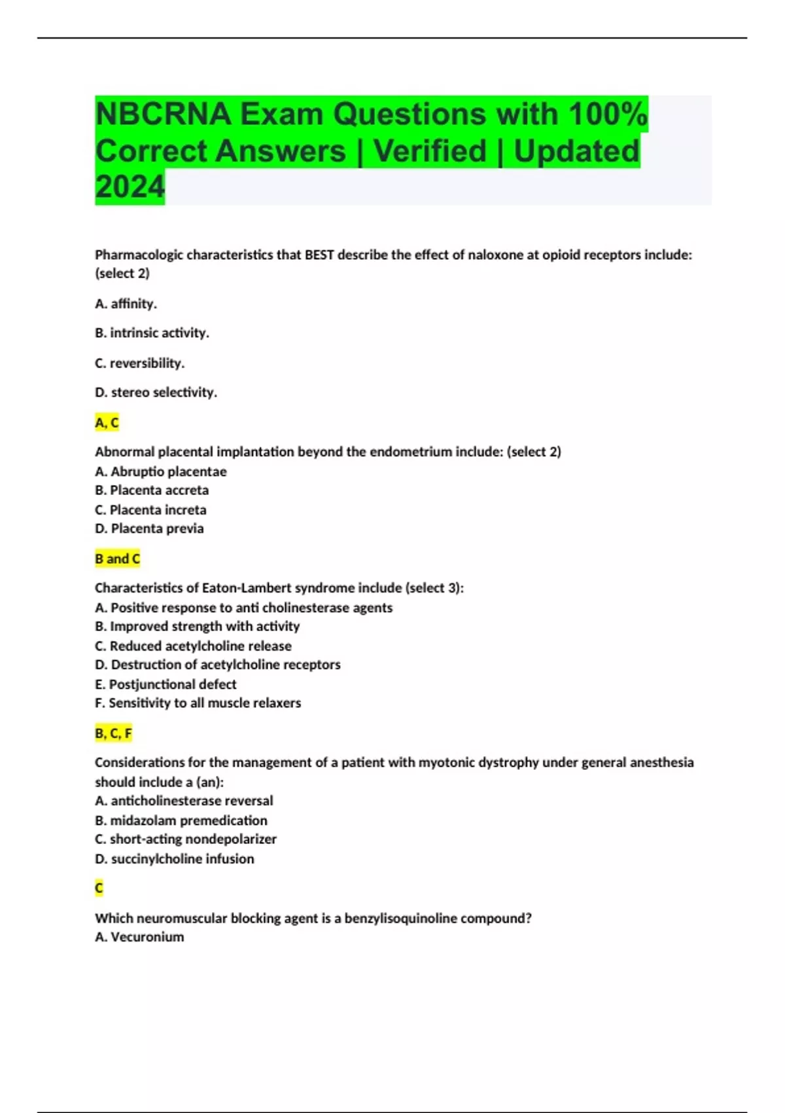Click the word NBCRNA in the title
point(163,115)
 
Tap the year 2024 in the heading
point(130,187)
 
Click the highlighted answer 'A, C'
point(107,423)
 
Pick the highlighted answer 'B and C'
point(117,559)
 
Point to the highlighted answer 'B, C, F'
point(113,733)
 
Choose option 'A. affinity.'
point(126,304)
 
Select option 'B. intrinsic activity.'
point(152,333)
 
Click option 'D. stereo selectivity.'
point(156,393)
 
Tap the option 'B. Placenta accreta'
point(152,490)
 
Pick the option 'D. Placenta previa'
point(149,528)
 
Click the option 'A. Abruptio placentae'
point(161,471)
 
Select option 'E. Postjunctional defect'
point(166,684)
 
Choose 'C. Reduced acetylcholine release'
point(193,646)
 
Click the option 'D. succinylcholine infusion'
point(174,859)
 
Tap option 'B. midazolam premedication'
point(181,820)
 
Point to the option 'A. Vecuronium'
point(139,937)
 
